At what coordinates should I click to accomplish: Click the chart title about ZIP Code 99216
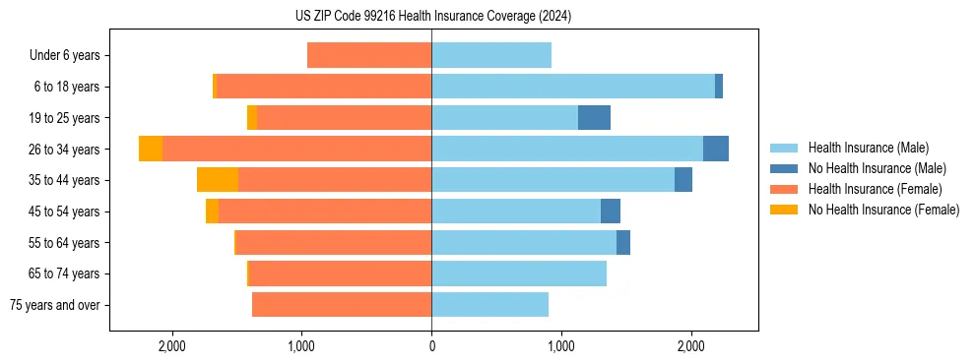click(x=432, y=17)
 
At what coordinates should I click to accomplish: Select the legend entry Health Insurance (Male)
click(x=868, y=148)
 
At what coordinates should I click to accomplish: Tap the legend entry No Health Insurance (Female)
click(x=883, y=210)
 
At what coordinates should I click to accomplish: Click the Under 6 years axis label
click(x=65, y=56)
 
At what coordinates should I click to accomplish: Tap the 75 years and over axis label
click(x=55, y=305)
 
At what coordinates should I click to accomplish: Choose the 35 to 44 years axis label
click(x=65, y=180)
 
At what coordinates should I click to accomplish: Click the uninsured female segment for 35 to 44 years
click(x=218, y=180)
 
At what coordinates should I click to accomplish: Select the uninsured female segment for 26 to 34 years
click(x=151, y=149)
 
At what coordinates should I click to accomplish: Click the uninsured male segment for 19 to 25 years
click(x=594, y=118)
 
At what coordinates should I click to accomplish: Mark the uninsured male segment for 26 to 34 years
click(x=716, y=149)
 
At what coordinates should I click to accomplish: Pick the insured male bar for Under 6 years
click(x=491, y=56)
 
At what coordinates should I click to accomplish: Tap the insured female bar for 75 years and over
click(x=342, y=305)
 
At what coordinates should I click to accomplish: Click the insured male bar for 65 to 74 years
click(x=519, y=273)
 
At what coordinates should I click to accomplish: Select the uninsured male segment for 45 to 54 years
click(x=611, y=212)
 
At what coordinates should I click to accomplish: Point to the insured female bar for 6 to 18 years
click(x=324, y=87)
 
